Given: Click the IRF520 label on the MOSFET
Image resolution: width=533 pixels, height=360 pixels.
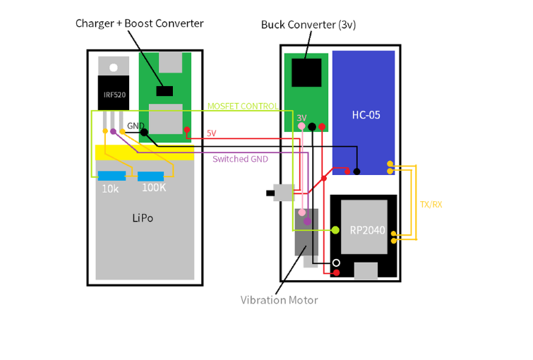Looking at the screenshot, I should [x=113, y=95].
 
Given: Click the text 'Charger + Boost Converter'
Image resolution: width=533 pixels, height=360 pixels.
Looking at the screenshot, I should [x=139, y=23].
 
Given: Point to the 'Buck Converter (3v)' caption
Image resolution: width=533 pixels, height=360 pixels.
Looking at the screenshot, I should [x=308, y=25].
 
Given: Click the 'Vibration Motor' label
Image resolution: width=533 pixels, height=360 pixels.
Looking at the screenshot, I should [x=279, y=300].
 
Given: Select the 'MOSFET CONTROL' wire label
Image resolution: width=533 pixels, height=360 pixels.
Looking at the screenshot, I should [x=242, y=107].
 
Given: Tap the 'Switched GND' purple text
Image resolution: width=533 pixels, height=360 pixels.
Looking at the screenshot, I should [x=240, y=159].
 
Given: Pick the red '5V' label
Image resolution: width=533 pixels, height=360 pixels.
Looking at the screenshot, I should [x=211, y=133].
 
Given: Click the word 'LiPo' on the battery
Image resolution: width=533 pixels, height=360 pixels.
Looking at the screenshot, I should [x=142, y=218].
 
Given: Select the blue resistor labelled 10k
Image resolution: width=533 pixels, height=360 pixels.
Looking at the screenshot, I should [x=112, y=176].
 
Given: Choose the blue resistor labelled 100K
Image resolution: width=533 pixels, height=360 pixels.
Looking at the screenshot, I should [x=150, y=176].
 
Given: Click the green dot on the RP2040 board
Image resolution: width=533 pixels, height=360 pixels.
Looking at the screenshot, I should [x=335, y=230].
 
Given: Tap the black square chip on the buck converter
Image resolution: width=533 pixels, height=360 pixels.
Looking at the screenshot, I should [x=306, y=73].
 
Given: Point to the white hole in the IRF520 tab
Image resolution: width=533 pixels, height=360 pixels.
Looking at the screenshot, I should [x=113, y=68].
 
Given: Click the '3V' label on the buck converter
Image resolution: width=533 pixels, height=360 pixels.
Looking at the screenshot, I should [x=301, y=117].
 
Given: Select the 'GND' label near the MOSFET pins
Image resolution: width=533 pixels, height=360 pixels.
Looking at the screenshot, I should [x=135, y=126].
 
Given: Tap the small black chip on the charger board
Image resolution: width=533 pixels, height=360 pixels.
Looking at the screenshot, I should [x=164, y=91].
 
